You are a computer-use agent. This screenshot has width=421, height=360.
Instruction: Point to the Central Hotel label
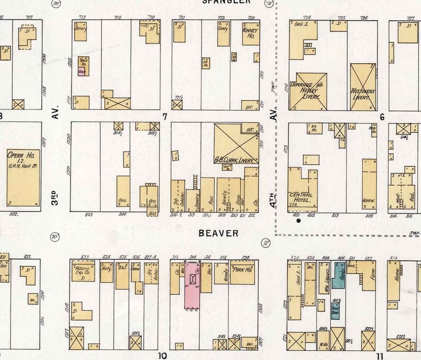pyautogui.click(x=300, y=197)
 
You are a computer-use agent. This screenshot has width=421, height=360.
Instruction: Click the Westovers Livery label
pyautogui.click(x=364, y=94)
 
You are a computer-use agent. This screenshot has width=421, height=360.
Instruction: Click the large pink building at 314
pyautogui.click(x=192, y=286)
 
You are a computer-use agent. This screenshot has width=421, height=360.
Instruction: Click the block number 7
pyautogui.click(x=165, y=116)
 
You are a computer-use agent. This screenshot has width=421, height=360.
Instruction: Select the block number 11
pyautogui.click(x=379, y=356)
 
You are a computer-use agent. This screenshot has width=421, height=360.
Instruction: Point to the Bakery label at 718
pyautogui.click(x=80, y=29)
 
